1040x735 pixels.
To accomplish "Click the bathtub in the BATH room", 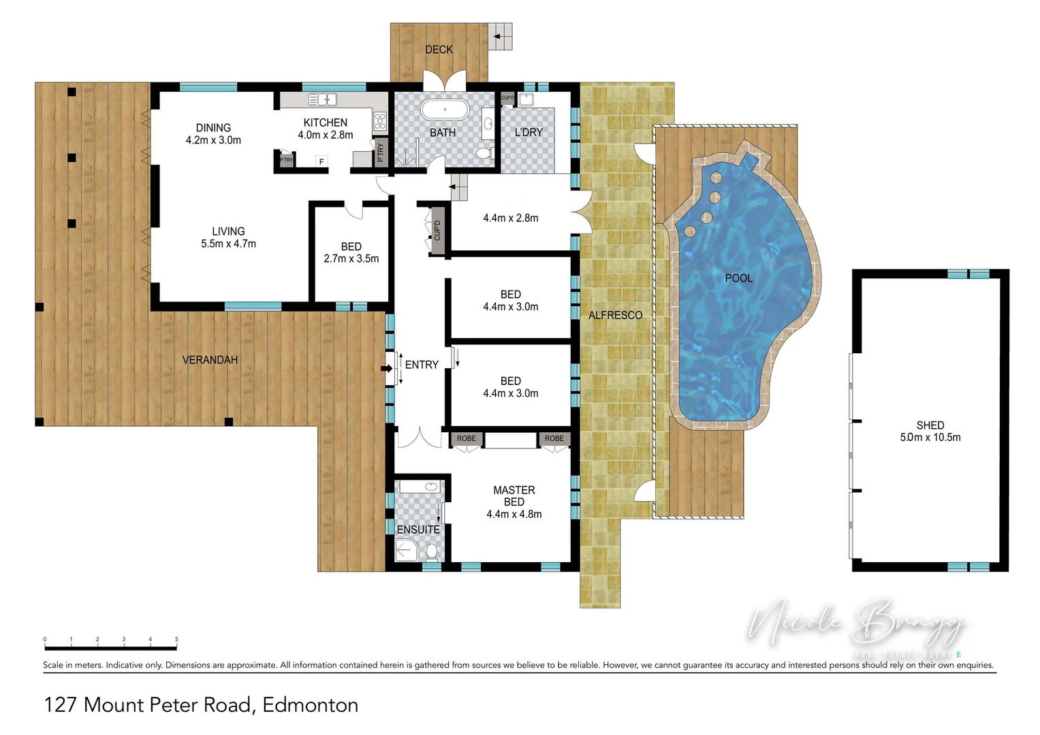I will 445,110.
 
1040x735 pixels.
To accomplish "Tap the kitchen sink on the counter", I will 323,100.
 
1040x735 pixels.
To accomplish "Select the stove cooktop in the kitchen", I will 380,122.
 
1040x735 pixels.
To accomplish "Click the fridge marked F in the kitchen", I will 321,161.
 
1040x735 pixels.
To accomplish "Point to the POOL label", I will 738,278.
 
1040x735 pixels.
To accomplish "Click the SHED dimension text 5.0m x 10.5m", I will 930,438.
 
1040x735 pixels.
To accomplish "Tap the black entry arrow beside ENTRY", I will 386,368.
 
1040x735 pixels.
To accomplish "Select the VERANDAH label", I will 210,360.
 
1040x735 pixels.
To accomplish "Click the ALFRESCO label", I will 615,315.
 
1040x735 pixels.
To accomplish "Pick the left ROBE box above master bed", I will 467,439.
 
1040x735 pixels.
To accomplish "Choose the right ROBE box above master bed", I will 554,439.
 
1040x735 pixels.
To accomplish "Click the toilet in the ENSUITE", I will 431,551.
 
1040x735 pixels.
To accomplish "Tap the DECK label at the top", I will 439,50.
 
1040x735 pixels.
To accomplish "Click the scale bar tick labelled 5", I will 176,640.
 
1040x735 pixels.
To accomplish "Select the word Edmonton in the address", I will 310,705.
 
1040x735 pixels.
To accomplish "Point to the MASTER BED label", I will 514,496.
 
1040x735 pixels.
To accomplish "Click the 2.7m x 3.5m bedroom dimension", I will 351,259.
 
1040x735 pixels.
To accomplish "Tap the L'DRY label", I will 529,132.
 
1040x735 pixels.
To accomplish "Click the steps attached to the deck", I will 501,36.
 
